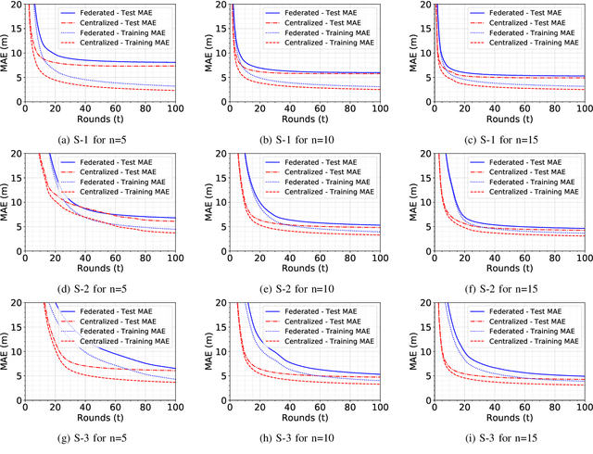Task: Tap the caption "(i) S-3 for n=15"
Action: (498, 437)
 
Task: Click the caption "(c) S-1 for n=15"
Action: (498, 140)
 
